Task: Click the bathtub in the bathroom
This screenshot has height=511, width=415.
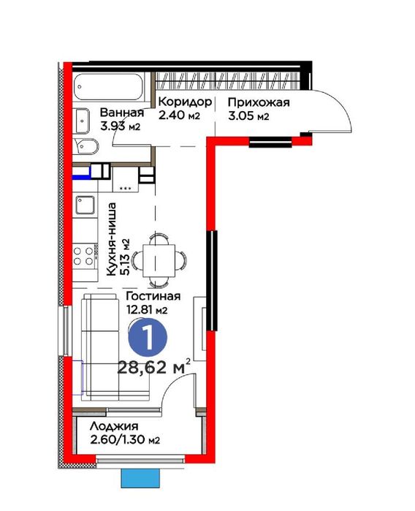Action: click(x=108, y=87)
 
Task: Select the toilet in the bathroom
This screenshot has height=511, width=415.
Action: click(x=85, y=147)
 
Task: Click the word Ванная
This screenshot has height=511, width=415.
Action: click(x=122, y=113)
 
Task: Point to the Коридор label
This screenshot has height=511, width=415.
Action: click(x=185, y=102)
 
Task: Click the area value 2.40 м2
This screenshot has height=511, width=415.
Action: click(x=179, y=116)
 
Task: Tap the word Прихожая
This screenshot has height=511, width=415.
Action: click(x=259, y=102)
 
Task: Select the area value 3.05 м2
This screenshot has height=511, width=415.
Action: click(x=248, y=116)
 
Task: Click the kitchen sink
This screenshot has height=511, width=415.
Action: click(x=85, y=205)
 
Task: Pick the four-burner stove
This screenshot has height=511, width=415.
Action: click(x=83, y=256)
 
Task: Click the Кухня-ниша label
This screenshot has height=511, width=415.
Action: click(x=111, y=239)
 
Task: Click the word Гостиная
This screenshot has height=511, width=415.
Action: click(x=153, y=296)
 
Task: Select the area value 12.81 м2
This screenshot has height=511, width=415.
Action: click(x=148, y=310)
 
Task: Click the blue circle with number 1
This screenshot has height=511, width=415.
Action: click(x=148, y=338)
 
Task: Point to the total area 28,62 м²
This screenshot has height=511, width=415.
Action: click(x=153, y=368)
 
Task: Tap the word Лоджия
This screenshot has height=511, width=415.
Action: click(x=114, y=426)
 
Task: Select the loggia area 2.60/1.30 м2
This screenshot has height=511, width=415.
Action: click(x=125, y=440)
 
